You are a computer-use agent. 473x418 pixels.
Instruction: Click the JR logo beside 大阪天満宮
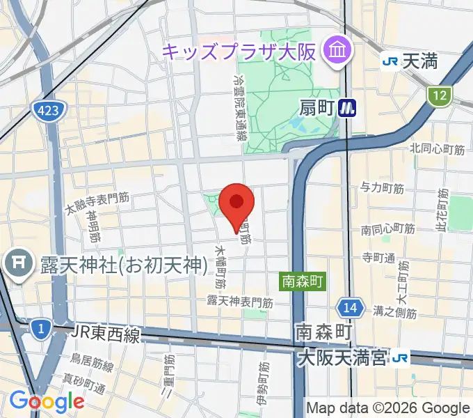(x=399, y=358)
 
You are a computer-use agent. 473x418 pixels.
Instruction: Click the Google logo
(x=47, y=401)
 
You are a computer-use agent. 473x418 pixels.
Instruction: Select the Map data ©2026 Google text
(x=388, y=408)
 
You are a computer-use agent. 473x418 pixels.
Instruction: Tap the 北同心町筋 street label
(x=437, y=148)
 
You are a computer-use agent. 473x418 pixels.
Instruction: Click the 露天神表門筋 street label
(x=239, y=302)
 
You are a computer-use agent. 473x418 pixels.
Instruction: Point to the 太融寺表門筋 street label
(x=97, y=203)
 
